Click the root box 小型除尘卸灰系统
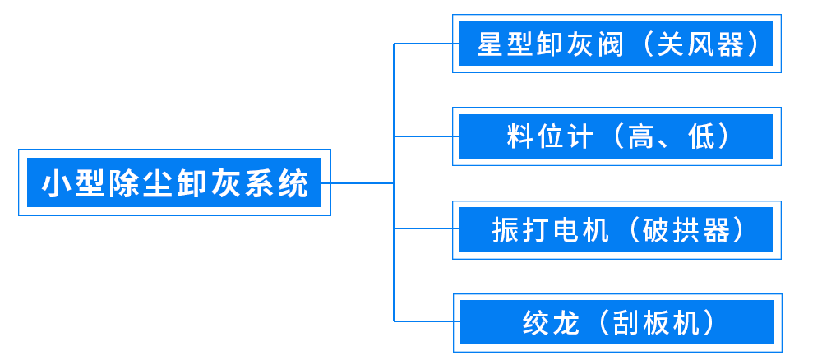174,182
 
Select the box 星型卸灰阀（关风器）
616,44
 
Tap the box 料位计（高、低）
616,136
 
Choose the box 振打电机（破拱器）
616,229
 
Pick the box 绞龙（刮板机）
616,321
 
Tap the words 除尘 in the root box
141,182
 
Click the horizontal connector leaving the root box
362,182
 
